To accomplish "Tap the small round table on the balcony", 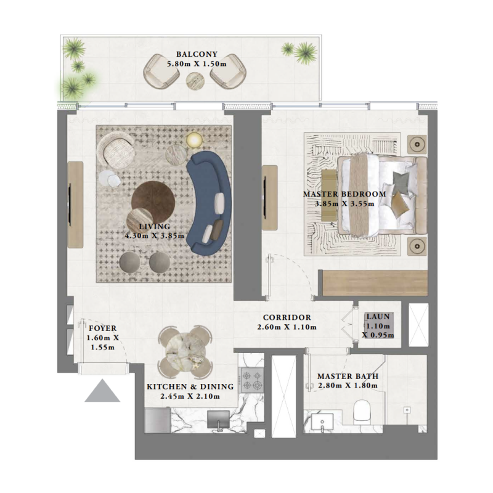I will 195,79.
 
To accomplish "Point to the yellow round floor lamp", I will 194,139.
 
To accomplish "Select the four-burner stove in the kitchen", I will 251,380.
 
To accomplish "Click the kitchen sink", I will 219,419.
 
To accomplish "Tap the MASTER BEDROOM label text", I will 344,194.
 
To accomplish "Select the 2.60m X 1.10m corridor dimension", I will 287,327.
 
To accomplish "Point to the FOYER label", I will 103,328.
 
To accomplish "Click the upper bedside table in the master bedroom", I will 417,144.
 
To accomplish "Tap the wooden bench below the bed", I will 376,282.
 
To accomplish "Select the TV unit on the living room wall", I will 75,205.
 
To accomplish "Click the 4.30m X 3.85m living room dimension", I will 155,235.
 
